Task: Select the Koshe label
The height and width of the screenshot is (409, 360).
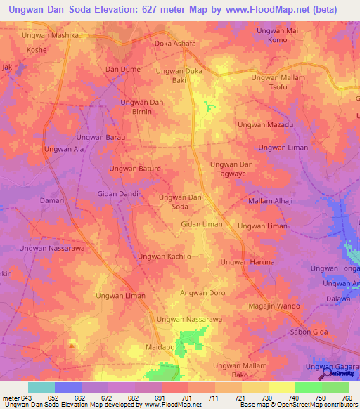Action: (36, 51)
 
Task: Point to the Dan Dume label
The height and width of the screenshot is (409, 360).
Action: (123, 69)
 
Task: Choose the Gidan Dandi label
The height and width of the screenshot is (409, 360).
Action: (117, 193)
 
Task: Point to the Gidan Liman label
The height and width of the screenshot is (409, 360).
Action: (202, 224)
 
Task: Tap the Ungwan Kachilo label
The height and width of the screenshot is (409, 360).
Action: (164, 257)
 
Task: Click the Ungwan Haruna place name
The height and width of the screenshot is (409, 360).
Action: (247, 262)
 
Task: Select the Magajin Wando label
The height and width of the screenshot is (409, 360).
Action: (275, 306)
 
